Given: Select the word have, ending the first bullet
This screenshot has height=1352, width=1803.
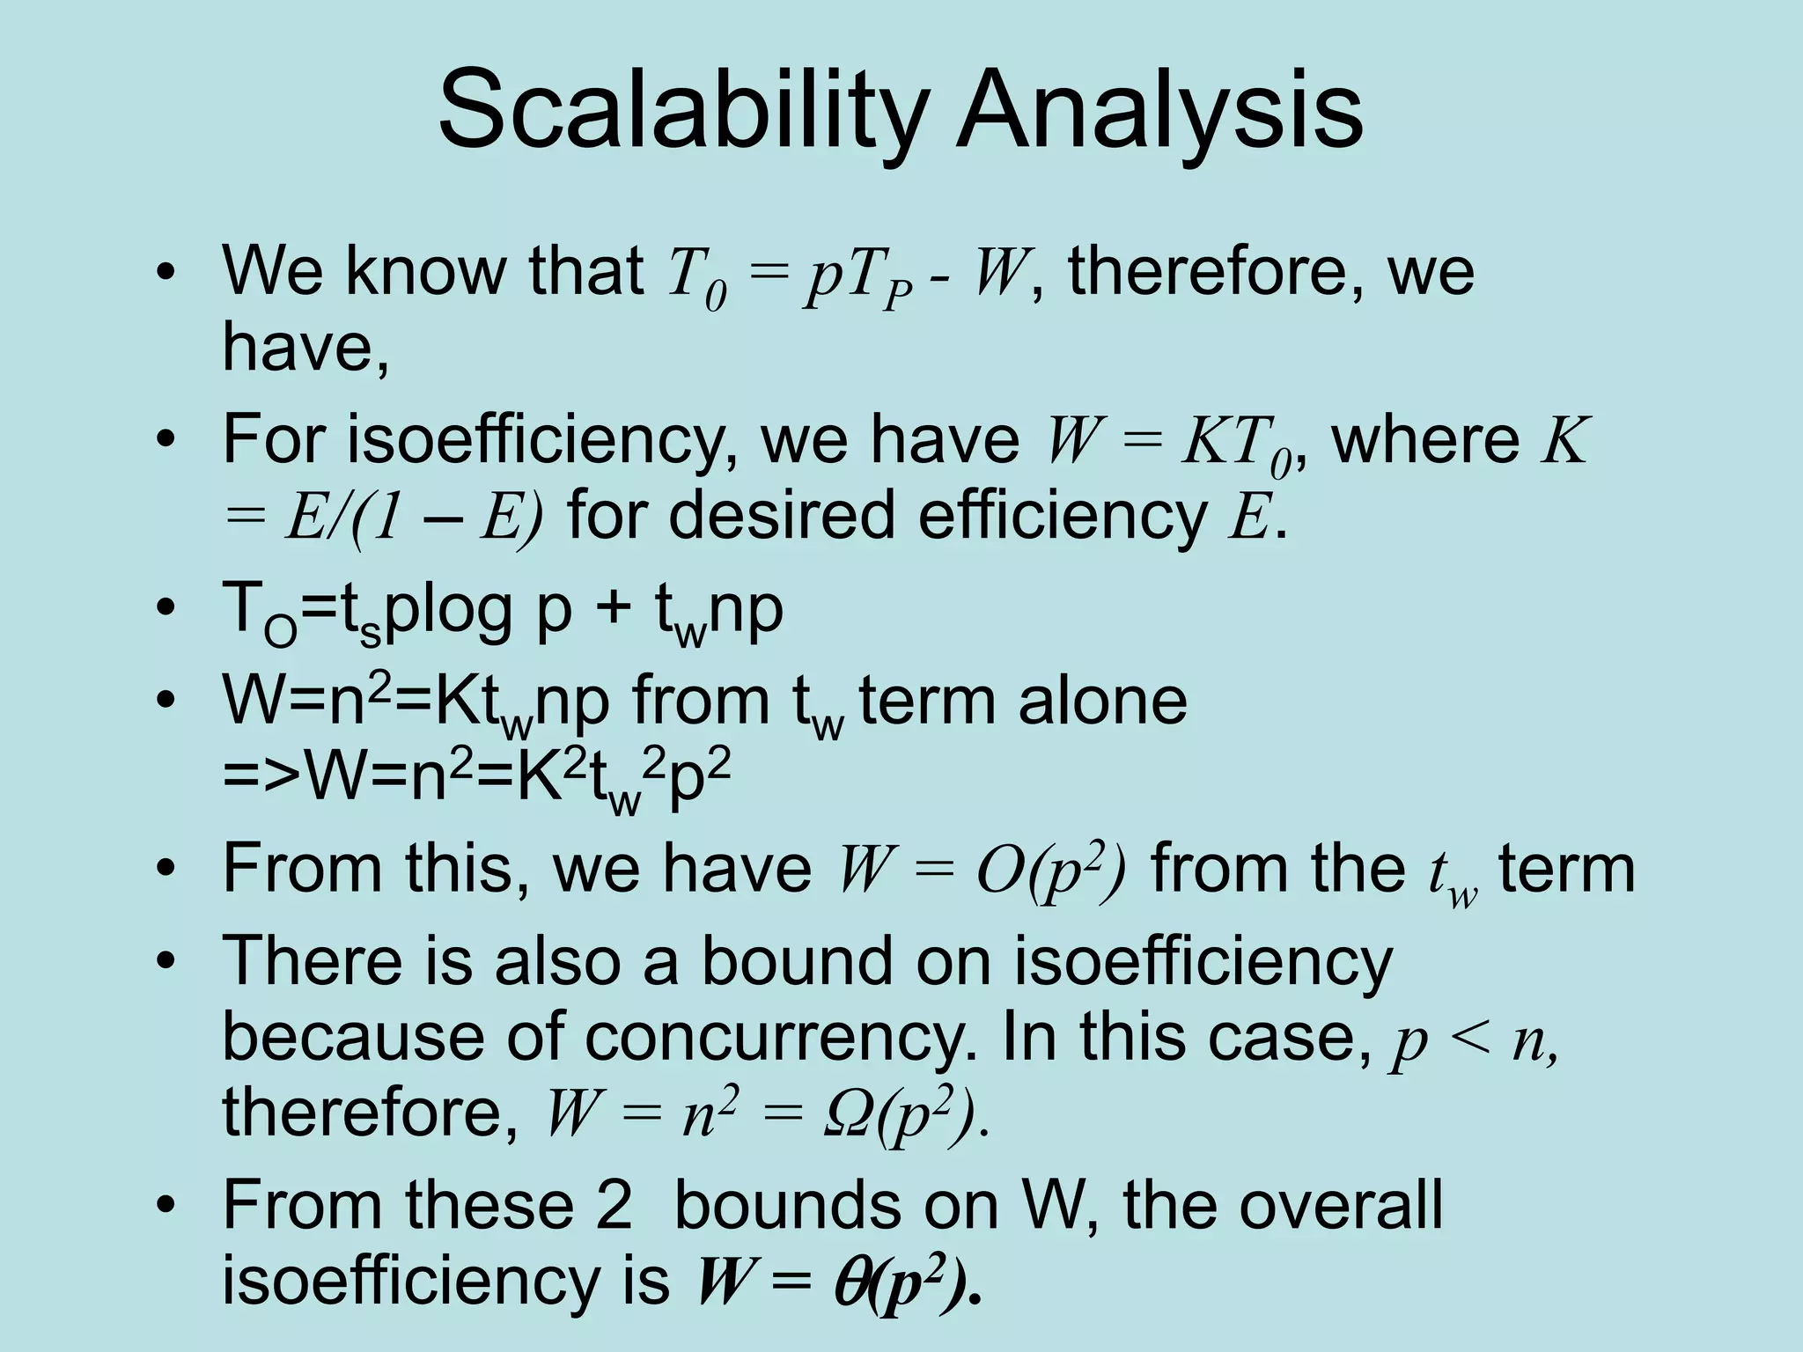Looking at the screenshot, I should click(305, 349).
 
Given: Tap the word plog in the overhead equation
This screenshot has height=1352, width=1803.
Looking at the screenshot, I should click(449, 609).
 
